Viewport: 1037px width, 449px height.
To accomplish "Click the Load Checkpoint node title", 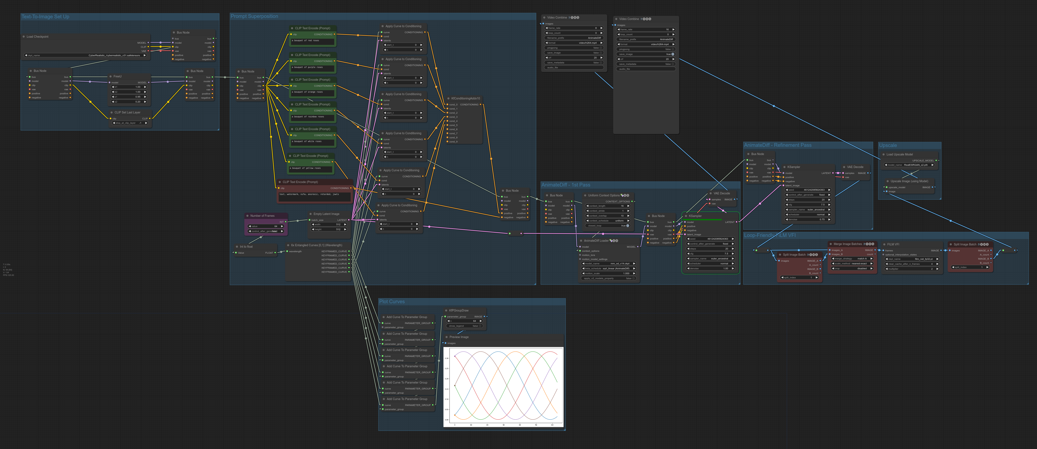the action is click(x=37, y=37).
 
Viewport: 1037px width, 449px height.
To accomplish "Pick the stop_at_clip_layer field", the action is click(x=129, y=123).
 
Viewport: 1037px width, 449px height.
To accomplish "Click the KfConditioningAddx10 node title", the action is click(x=465, y=98).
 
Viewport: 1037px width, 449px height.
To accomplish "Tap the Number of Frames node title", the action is click(x=262, y=216).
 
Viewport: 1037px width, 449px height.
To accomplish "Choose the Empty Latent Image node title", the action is click(x=326, y=214).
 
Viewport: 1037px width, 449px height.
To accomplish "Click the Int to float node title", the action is click(x=246, y=246).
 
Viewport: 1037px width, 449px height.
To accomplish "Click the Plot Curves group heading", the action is click(x=392, y=302).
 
